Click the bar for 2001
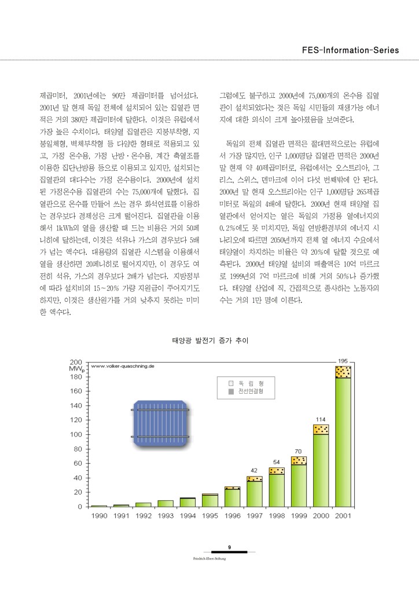[343, 437]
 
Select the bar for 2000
[321, 466]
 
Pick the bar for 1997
[255, 492]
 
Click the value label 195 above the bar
[343, 360]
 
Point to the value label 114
[321, 419]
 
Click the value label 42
[254, 470]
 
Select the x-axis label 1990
[99, 515]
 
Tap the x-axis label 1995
[209, 515]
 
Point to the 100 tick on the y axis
[76, 434]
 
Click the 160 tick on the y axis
[76, 391]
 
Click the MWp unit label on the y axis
[77, 369]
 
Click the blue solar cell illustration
[161, 423]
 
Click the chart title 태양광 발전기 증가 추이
[210, 342]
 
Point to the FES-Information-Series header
[351, 50]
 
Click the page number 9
[230, 547]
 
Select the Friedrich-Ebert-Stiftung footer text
[209, 558]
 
